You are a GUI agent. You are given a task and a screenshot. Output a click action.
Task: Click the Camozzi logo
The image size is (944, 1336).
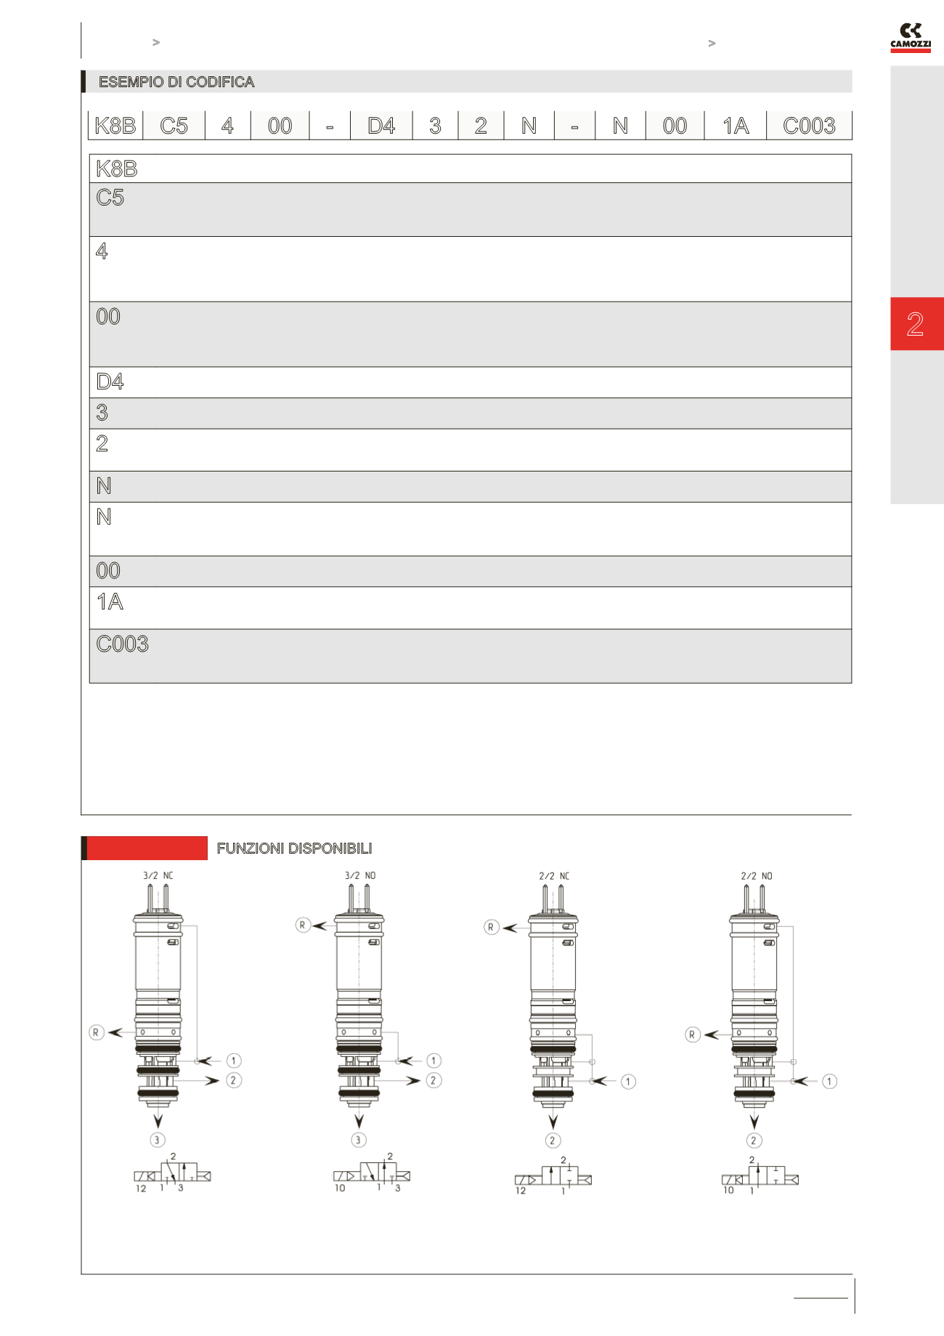pos(911,38)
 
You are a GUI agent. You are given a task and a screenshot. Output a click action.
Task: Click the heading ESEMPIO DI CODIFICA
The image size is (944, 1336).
pos(176,82)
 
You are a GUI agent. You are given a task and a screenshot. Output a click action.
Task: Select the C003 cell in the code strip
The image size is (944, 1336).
pos(809,126)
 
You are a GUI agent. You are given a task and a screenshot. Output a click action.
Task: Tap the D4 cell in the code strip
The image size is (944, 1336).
pos(381,126)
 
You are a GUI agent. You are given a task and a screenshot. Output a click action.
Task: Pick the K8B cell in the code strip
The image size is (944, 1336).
pos(115,126)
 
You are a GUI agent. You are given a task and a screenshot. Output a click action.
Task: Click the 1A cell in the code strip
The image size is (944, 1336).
pos(736,126)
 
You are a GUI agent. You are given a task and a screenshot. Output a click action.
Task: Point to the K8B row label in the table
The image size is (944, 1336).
pos(116,169)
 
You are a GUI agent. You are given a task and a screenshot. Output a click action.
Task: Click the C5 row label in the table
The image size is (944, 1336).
pos(110,198)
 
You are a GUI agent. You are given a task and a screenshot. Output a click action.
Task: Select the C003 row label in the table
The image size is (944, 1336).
pos(122,644)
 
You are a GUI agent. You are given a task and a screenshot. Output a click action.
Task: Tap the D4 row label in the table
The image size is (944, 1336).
pos(110,381)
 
